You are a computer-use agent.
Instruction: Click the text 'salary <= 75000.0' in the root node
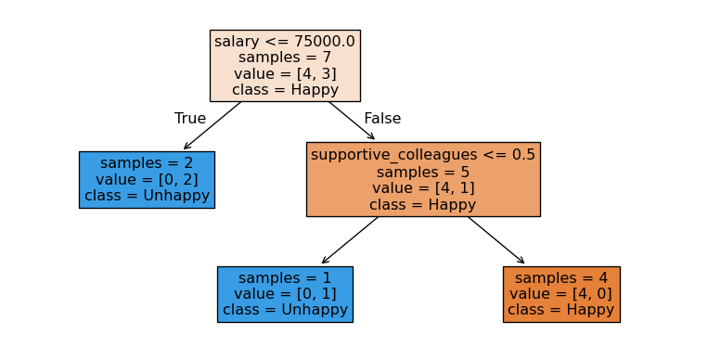coord(285,42)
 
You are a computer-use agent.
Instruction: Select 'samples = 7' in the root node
coord(285,58)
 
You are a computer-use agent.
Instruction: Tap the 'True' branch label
coord(190,119)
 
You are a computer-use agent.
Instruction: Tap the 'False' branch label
coord(382,119)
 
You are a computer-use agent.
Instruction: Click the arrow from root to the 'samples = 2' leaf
coord(212,125)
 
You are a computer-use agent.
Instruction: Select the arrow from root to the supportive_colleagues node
coord(352,121)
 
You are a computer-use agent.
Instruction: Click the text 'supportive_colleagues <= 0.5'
coord(423,155)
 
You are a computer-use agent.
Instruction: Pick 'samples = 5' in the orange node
coord(423,172)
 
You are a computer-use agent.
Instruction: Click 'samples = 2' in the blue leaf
coord(147,163)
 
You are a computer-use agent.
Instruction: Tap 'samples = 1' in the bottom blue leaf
coord(285,278)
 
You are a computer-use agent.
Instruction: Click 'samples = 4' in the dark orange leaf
coord(561,278)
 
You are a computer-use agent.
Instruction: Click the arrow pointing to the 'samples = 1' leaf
coord(350,240)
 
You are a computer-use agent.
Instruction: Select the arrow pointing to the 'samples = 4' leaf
coord(496,240)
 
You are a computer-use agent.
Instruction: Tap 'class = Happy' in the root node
coord(285,90)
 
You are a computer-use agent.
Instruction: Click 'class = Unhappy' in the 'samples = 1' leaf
coord(285,310)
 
